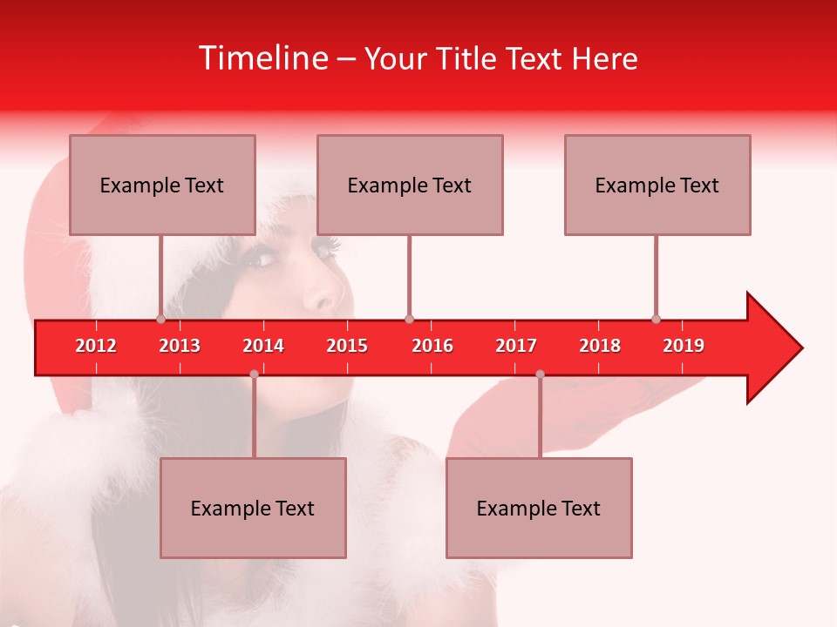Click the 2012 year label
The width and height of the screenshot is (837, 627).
96,346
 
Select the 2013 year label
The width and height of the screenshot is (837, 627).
180,346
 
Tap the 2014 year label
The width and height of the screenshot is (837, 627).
263,346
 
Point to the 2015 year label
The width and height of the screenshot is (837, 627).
347,346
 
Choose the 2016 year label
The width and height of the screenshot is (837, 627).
432,346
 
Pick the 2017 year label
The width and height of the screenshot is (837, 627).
516,346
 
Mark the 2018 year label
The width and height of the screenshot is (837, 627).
600,346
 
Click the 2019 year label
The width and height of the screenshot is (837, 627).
684,346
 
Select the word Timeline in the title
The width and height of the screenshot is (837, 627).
262,58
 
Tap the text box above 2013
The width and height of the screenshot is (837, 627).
162,185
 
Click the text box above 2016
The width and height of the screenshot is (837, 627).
410,185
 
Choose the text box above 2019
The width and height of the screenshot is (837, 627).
657,185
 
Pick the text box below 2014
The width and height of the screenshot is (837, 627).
253,508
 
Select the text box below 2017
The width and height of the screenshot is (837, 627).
539,508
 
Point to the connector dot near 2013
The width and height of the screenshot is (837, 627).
160,319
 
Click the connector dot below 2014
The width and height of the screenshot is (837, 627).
254,374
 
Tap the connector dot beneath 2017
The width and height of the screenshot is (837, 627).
540,374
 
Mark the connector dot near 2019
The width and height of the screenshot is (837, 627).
656,319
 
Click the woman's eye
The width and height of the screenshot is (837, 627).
259,258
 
